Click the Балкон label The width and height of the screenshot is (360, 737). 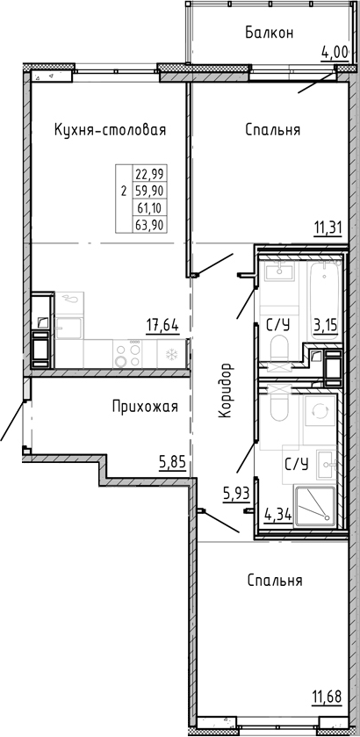tap(268, 33)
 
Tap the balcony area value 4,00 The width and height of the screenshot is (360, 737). tap(335, 52)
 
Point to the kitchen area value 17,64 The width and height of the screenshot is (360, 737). tap(162, 324)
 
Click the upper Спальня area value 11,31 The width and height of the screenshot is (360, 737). tap(328, 230)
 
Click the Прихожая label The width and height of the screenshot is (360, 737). tap(145, 406)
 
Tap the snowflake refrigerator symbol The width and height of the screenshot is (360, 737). tap(171, 354)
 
